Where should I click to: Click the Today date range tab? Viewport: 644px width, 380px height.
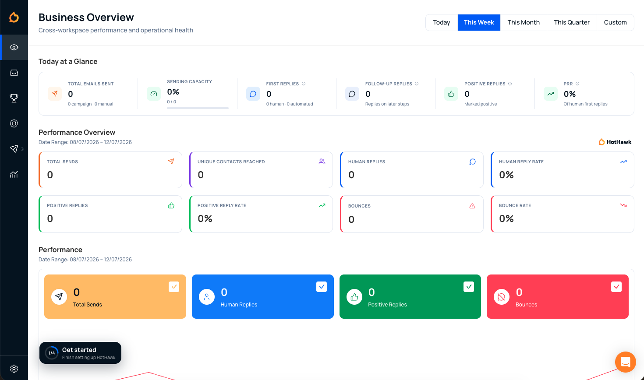[x=442, y=22]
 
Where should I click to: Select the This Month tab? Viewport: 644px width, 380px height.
[x=524, y=22]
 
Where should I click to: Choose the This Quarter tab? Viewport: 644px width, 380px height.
[x=572, y=22]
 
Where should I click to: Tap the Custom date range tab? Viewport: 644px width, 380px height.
[x=615, y=22]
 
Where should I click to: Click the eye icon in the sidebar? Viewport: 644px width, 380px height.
[x=14, y=47]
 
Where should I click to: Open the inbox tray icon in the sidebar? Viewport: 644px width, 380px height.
[x=14, y=73]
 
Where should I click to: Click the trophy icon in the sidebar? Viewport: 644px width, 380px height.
[x=14, y=98]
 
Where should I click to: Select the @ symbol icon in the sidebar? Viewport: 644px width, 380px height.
[x=14, y=123]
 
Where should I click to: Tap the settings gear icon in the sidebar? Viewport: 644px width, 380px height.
[x=14, y=369]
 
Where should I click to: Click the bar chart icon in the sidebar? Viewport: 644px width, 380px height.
[x=14, y=174]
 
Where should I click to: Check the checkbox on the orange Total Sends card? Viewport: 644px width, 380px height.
[x=174, y=287]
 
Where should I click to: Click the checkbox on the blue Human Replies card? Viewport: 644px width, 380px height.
[x=322, y=287]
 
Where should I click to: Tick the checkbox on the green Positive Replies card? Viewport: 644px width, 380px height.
[x=469, y=287]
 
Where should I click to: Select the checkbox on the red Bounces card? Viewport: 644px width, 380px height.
[x=616, y=287]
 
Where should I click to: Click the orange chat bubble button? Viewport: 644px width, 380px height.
[x=625, y=362]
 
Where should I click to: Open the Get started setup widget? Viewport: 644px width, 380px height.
[x=80, y=353]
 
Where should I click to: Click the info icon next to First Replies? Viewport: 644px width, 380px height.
[x=304, y=84]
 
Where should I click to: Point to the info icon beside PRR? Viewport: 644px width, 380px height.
[x=577, y=84]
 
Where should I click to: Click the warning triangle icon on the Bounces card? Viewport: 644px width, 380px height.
[x=472, y=206]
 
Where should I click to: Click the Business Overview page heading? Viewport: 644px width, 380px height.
[x=86, y=17]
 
